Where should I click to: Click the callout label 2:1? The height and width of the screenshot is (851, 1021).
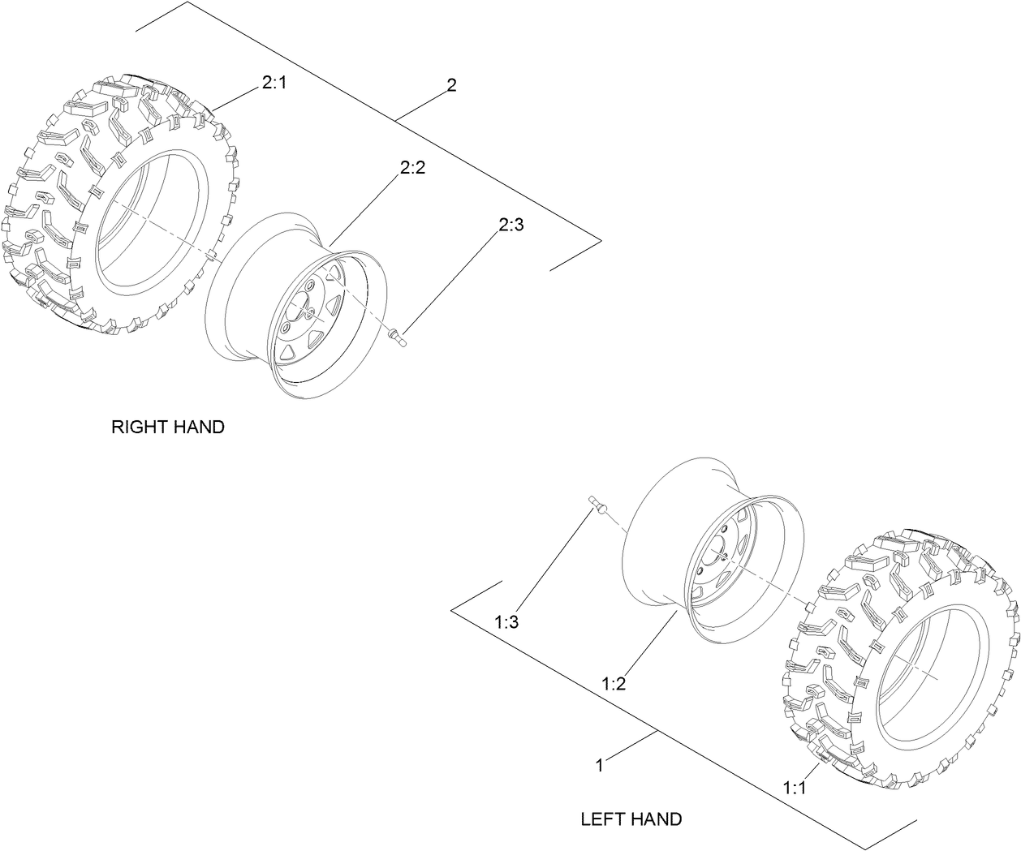point(274,84)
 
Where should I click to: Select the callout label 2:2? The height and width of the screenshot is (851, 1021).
point(412,168)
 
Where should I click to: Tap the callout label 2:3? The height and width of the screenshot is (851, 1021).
point(510,226)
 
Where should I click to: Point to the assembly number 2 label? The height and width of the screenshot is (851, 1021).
point(451,85)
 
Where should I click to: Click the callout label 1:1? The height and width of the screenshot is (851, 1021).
point(795,787)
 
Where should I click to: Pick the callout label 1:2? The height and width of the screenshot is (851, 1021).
point(614,684)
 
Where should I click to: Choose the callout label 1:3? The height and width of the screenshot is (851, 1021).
point(506,622)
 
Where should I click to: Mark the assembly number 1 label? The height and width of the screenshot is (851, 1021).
point(599,765)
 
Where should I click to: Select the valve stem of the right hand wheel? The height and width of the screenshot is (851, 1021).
point(398,335)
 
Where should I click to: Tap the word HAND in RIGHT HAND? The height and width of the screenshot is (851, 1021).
point(198,427)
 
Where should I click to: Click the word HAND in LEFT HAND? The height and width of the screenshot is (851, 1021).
point(657,819)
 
